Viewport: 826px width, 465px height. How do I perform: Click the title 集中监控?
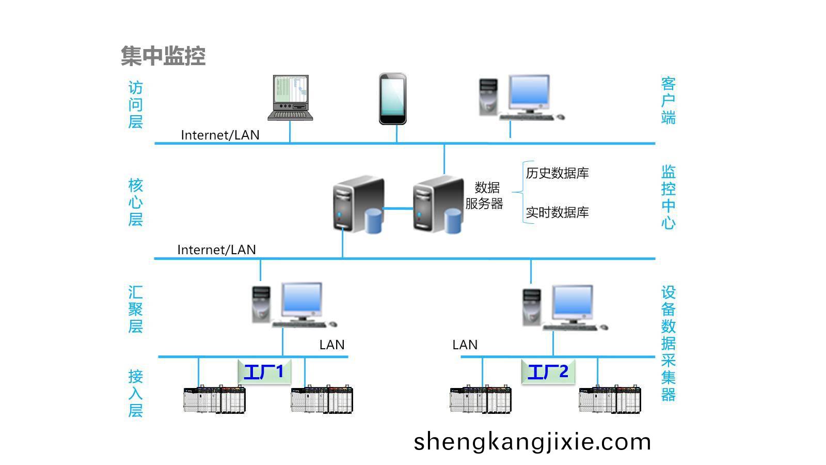[x=163, y=56]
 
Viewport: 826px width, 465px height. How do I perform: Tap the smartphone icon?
[x=392, y=99]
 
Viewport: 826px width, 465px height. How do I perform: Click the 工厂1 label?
[x=264, y=371]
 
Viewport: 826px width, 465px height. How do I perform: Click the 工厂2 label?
[x=548, y=371]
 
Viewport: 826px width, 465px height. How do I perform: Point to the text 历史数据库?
[x=557, y=173]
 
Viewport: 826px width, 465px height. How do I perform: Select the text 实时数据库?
[x=557, y=212]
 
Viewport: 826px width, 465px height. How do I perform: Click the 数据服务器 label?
[x=485, y=195]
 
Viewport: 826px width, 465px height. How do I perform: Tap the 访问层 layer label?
[x=135, y=105]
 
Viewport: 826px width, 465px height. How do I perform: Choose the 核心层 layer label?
[x=135, y=202]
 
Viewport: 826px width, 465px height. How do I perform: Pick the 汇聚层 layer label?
[x=135, y=309]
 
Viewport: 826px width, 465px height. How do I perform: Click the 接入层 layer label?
[x=135, y=393]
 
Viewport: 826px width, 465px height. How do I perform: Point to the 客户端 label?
[x=668, y=100]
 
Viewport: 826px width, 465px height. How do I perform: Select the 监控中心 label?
[x=668, y=197]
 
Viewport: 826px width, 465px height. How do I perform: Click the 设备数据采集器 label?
[x=668, y=343]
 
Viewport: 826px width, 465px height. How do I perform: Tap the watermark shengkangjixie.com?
[x=532, y=442]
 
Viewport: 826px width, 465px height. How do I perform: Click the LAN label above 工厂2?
[x=465, y=345]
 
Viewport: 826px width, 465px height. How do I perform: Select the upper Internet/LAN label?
[x=220, y=135]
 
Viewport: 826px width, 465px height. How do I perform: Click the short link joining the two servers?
[x=398, y=209]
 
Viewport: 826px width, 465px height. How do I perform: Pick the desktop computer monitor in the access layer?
[x=529, y=93]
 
